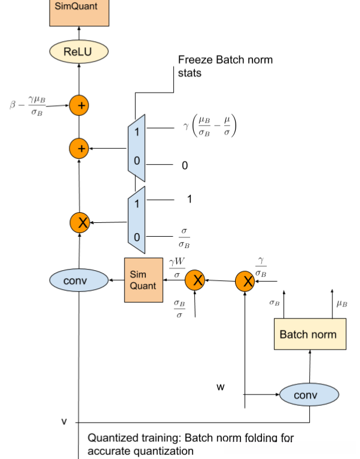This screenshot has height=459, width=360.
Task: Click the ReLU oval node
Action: pos(78,52)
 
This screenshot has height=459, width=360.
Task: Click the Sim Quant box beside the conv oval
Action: pos(144,280)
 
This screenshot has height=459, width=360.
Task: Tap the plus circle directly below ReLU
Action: pos(79,106)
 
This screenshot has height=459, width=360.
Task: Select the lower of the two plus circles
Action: pos(79,148)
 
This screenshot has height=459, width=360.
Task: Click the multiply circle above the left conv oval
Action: pos(79,223)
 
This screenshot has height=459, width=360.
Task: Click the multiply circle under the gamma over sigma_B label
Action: pos(245,280)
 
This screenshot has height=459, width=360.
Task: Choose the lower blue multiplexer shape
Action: pos(136,219)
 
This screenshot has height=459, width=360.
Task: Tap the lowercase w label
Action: pos(221,387)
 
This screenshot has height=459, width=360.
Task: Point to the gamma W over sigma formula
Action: pos(176,266)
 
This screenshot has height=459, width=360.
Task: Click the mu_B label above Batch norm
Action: pos(341,304)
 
